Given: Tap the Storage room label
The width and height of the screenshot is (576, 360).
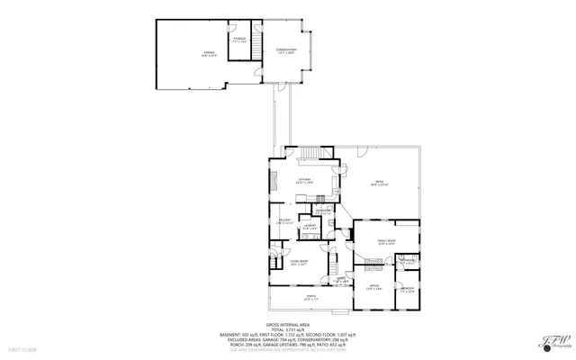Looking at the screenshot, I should pyautogui.click(x=239, y=40).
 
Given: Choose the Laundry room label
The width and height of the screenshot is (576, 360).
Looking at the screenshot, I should pyautogui.click(x=310, y=228).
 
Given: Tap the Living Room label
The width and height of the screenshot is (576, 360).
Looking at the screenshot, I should pyautogui.click(x=299, y=262).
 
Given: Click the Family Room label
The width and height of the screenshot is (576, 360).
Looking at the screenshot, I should pyautogui.click(x=385, y=242).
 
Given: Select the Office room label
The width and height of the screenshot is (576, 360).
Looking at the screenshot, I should pyautogui.click(x=373, y=287).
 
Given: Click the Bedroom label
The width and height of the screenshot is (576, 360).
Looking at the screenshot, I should pyautogui.click(x=408, y=290).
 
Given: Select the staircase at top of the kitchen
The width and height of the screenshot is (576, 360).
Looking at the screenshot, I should pyautogui.click(x=313, y=154).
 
